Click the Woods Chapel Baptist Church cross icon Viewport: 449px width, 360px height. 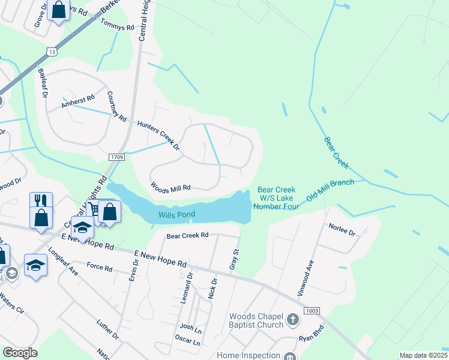pyautogui.click(x=292, y=319)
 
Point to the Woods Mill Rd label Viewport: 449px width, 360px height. pyautogui.click(x=170, y=187)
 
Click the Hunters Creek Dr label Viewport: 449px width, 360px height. pyautogui.click(x=158, y=134)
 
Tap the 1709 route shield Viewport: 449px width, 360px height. pyautogui.click(x=117, y=157)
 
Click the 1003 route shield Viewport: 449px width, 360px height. pyautogui.click(x=311, y=310)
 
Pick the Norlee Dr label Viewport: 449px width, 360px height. pyautogui.click(x=342, y=229)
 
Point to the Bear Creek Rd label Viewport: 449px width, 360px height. pyautogui.click(x=187, y=235)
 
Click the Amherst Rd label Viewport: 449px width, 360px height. pyautogui.click(x=78, y=102)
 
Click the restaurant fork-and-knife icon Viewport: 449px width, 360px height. pyautogui.click(x=41, y=200)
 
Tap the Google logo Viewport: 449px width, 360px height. pyautogui.click(x=20, y=353)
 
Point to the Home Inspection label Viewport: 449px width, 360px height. pyautogui.click(x=248, y=355)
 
